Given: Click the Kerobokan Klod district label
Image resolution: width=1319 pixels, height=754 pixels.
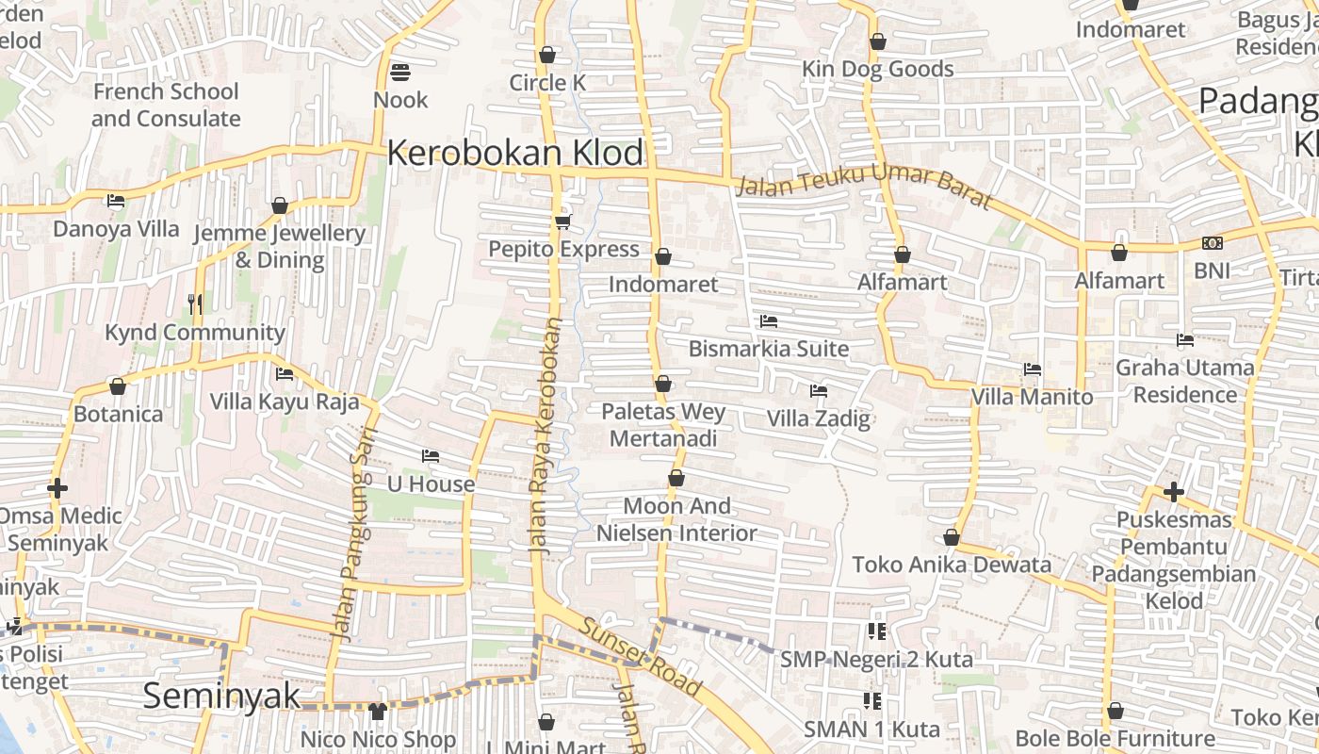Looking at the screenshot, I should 515,153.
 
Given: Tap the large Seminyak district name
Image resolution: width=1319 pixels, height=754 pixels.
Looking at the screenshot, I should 221,696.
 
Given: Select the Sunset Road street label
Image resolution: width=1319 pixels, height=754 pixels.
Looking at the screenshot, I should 641,657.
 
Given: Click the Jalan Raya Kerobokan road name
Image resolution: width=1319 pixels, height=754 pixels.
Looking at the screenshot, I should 547,435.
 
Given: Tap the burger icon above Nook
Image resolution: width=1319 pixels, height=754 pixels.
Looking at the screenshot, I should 400,73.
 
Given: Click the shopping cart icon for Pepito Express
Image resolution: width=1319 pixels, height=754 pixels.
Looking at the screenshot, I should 562,221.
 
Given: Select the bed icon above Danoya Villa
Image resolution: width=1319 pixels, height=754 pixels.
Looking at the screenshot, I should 116,201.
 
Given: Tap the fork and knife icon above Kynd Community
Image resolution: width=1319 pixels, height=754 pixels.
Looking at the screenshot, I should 195,303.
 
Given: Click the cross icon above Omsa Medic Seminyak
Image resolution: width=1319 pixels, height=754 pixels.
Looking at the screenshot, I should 57,487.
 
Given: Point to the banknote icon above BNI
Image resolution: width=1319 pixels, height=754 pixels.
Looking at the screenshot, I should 1213,243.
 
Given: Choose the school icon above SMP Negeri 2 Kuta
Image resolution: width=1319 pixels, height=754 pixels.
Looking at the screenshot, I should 876,631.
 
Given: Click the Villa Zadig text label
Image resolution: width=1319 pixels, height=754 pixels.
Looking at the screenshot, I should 818,418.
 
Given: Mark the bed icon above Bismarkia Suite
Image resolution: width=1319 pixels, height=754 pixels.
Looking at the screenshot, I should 769,321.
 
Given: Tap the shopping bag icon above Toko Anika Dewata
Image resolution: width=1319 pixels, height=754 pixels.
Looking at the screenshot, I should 952,537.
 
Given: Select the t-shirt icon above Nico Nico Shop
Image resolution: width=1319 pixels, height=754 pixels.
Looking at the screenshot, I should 378,711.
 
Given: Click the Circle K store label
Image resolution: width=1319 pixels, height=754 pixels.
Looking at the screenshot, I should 547,83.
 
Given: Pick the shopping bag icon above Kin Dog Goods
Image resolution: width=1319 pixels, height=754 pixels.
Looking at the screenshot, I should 878,41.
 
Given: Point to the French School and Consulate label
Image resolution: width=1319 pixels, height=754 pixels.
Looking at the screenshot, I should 166,105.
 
